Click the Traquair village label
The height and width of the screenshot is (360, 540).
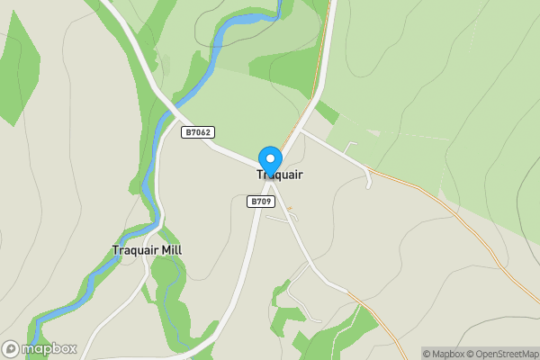point(280,175)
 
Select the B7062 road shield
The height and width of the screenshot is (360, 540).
point(197,132)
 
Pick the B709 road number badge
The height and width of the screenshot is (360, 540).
point(261,202)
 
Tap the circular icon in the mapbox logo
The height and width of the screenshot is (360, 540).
point(11,348)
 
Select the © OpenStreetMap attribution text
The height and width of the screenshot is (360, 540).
point(501,354)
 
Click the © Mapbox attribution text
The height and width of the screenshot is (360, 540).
point(444,354)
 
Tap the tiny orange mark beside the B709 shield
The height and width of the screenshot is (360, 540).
point(289,209)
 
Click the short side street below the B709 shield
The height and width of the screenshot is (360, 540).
point(279,218)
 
